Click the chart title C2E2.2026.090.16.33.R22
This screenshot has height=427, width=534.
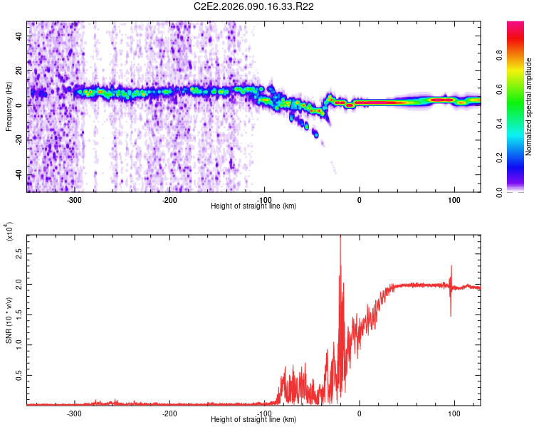(253, 6)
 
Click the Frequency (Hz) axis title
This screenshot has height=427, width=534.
(9, 107)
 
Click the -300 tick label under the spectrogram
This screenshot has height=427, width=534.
(75, 199)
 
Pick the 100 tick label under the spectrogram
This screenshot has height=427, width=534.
(454, 199)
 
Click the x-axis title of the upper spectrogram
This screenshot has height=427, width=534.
(253, 206)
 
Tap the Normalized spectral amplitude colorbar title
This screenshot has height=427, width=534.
(529, 107)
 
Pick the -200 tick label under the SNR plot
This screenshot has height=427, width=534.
(169, 413)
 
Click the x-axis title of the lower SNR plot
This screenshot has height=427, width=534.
(253, 420)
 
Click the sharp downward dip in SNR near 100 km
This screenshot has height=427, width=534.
(450, 315)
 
